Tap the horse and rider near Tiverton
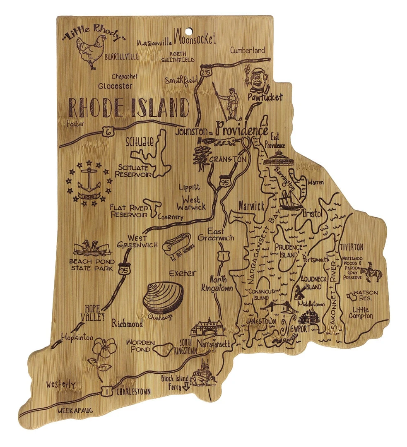(x=371, y=274)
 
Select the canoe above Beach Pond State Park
(x=92, y=248)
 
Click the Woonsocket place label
(x=195, y=39)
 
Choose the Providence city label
(x=242, y=130)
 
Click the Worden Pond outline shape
(x=162, y=348)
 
